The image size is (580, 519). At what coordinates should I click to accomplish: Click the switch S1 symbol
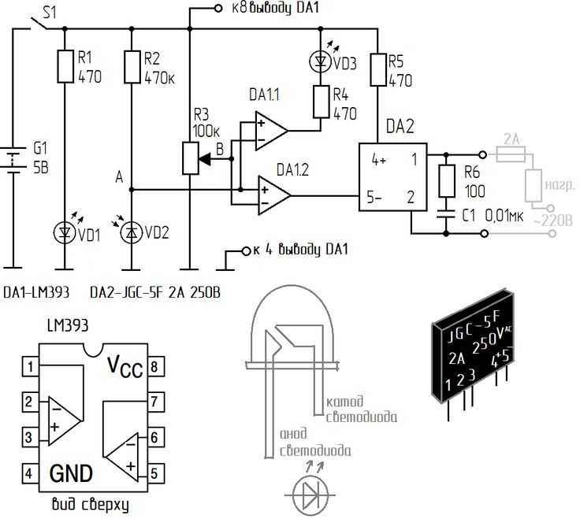(x=37, y=23)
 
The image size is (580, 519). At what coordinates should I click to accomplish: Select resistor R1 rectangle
(x=65, y=66)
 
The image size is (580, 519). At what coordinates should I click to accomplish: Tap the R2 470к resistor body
(x=132, y=66)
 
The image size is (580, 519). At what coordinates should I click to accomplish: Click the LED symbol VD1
(x=65, y=232)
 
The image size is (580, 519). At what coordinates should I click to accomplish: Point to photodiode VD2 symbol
(x=132, y=232)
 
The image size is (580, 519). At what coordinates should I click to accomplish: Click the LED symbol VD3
(x=320, y=61)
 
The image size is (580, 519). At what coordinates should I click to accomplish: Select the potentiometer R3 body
(x=191, y=158)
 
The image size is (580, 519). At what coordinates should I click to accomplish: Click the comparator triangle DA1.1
(x=271, y=131)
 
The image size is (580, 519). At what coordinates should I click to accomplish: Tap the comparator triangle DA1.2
(x=274, y=195)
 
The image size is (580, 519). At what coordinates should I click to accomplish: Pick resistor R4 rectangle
(x=321, y=102)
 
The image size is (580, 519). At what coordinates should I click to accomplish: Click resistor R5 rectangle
(x=377, y=70)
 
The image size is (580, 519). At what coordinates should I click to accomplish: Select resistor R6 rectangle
(x=447, y=181)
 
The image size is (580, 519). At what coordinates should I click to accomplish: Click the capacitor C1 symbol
(x=446, y=215)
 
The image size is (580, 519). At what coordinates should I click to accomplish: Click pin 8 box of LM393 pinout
(x=156, y=366)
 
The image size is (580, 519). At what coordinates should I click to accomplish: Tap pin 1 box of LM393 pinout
(x=30, y=366)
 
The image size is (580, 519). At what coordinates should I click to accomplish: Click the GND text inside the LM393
(x=71, y=473)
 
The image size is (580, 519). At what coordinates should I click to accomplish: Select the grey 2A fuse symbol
(x=511, y=154)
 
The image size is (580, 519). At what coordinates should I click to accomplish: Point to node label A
(x=119, y=177)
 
